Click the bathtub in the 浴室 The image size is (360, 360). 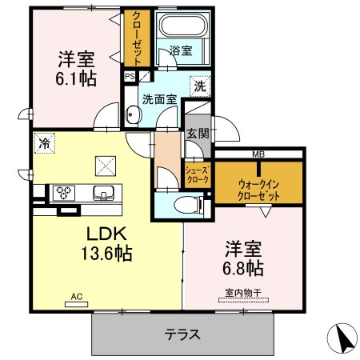[183, 25]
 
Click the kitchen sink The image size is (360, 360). [103, 193]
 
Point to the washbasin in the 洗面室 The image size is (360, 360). [133, 115]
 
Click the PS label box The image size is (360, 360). [130, 77]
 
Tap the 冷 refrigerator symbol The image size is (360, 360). [45, 143]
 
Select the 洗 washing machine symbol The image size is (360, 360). [200, 86]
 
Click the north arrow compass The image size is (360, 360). [342, 338]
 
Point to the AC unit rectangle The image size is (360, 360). [77, 304]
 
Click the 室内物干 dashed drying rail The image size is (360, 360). [243, 300]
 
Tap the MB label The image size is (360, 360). [258, 154]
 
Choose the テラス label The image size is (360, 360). [182, 334]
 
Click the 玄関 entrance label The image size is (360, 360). [198, 134]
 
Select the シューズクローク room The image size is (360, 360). [198, 175]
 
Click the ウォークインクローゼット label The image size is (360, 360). [258, 190]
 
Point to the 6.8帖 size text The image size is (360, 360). [243, 268]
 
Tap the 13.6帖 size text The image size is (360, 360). [106, 253]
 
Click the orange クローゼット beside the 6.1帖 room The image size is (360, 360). [137, 38]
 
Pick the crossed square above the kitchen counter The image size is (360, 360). [106, 166]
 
